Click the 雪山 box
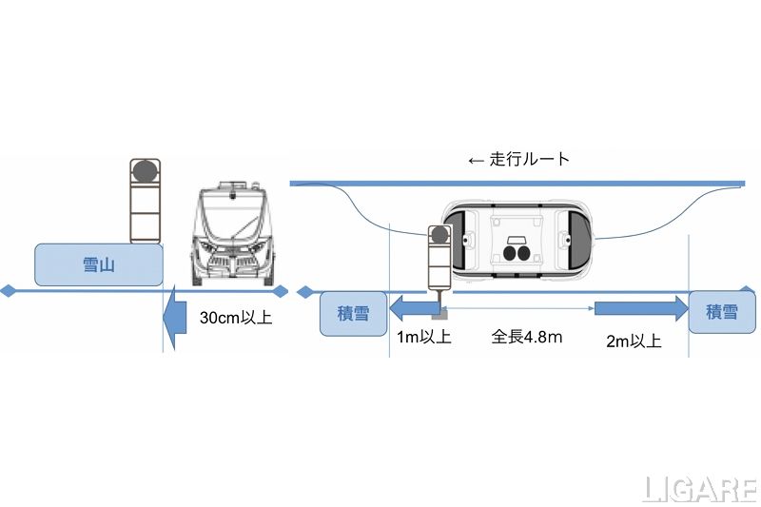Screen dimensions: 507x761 click(98, 264)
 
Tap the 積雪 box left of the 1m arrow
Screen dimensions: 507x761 click(354, 313)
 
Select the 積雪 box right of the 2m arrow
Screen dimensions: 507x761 click(720, 312)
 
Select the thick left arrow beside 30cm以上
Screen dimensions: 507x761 click(177, 319)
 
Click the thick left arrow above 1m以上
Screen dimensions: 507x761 click(411, 307)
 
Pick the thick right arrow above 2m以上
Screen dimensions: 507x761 click(641, 307)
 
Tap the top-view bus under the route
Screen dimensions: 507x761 click(517, 241)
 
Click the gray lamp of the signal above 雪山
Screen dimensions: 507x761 click(144, 171)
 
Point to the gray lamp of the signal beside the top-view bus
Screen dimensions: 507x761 click(439, 235)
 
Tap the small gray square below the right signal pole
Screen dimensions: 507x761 click(441, 310)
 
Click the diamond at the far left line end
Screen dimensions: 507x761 click(8, 290)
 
